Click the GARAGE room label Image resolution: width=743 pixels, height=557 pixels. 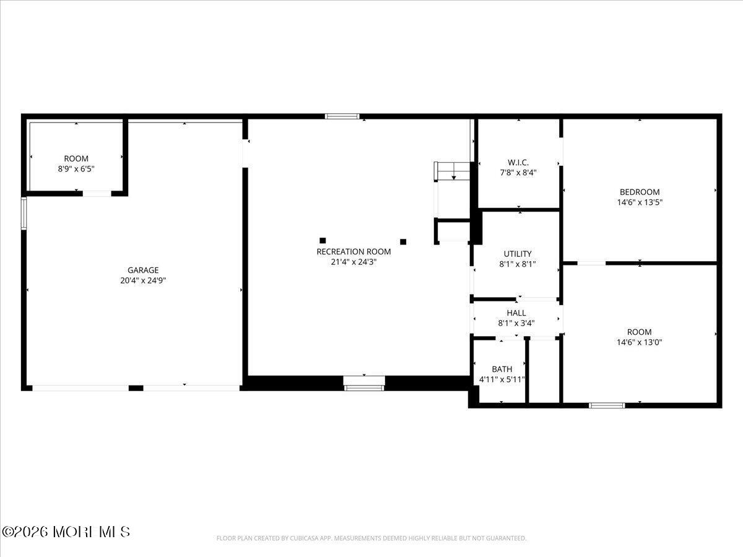coord(143,270)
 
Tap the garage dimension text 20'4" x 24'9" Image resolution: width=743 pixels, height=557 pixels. coord(143,280)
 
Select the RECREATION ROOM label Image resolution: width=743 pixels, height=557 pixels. coord(354,251)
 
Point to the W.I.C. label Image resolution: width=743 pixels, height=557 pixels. coord(518,163)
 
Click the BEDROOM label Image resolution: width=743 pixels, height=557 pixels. coord(640,192)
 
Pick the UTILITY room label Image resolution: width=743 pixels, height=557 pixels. coord(517,254)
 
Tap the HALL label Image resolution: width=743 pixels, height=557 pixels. coord(516,313)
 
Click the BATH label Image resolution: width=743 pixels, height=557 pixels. coord(502,369)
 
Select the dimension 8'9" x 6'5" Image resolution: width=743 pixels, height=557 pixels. coord(76,168)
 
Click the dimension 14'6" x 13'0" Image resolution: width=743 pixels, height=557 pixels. coord(639,342)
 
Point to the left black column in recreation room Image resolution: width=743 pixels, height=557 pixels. coord(323,240)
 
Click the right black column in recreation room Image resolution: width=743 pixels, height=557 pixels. coord(403,241)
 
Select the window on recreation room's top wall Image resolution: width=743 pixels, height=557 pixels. coord(342,116)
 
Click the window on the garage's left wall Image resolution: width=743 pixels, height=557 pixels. coord(24,214)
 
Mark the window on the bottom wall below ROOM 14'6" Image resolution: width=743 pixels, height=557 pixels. coord(607,405)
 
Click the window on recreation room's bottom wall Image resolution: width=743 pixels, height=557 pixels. coord(364,387)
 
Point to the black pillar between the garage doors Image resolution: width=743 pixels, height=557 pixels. coord(136,388)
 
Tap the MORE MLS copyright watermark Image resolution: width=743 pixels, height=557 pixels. coord(66,532)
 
